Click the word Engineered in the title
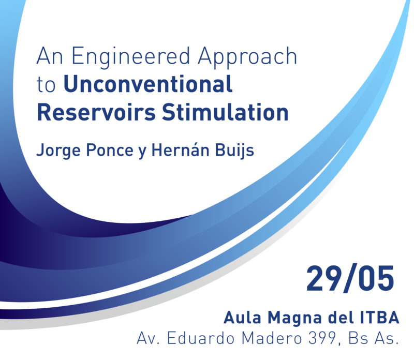131,57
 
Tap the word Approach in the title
247,57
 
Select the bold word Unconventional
148,84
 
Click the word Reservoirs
96,112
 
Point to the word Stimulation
225,112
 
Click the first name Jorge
58,151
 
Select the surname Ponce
110,151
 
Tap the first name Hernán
180,150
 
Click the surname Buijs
234,151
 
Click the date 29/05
350,278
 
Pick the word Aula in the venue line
242,317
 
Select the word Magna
294,318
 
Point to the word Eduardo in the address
201,338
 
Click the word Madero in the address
272,338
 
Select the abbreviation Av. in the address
149,338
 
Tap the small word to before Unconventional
46,85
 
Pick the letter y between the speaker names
142,152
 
